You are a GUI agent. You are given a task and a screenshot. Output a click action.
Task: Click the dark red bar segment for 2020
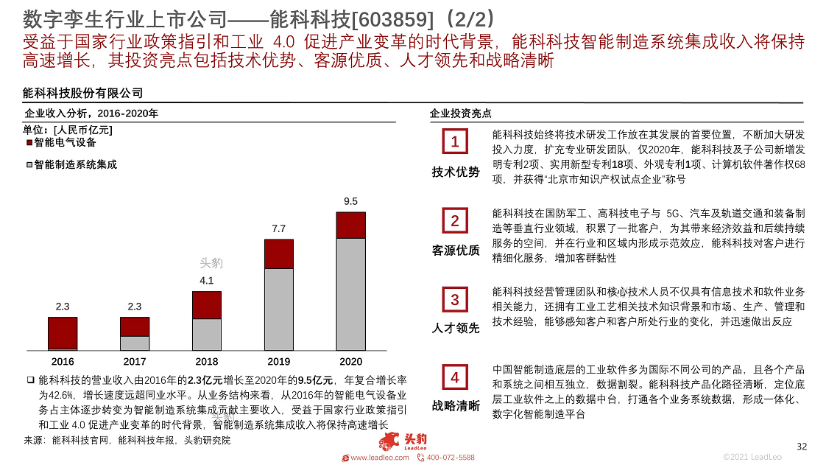[350, 225]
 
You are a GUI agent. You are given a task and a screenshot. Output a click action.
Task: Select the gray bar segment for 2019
[278, 309]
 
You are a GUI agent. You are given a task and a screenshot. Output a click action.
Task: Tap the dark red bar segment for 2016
[63, 333]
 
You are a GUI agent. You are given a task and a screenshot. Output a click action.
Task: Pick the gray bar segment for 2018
[207, 334]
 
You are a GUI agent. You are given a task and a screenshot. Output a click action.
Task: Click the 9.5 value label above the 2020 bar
[350, 201]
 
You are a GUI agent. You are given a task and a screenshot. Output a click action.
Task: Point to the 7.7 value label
[278, 228]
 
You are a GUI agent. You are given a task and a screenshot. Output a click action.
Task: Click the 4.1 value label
[207, 280]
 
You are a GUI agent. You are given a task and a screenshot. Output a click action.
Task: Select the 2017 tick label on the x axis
[135, 362]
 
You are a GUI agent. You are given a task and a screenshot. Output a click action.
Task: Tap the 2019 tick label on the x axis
[278, 362]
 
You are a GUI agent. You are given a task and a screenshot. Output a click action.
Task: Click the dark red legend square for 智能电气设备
[29, 143]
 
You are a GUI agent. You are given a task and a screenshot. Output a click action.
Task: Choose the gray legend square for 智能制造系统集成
[29, 165]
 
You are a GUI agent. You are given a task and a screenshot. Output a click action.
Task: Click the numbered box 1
[455, 141]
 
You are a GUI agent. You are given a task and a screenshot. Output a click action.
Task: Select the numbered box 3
[455, 300]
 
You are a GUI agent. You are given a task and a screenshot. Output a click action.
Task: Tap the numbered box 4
[455, 378]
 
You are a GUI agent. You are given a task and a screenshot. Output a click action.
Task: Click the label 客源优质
[456, 251]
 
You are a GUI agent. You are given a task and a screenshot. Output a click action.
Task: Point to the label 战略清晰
[456, 406]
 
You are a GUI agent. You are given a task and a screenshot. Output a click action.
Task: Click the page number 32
[802, 447]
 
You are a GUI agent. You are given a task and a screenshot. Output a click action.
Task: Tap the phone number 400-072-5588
[451, 458]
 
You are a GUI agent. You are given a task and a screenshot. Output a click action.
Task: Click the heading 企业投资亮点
[461, 113]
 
